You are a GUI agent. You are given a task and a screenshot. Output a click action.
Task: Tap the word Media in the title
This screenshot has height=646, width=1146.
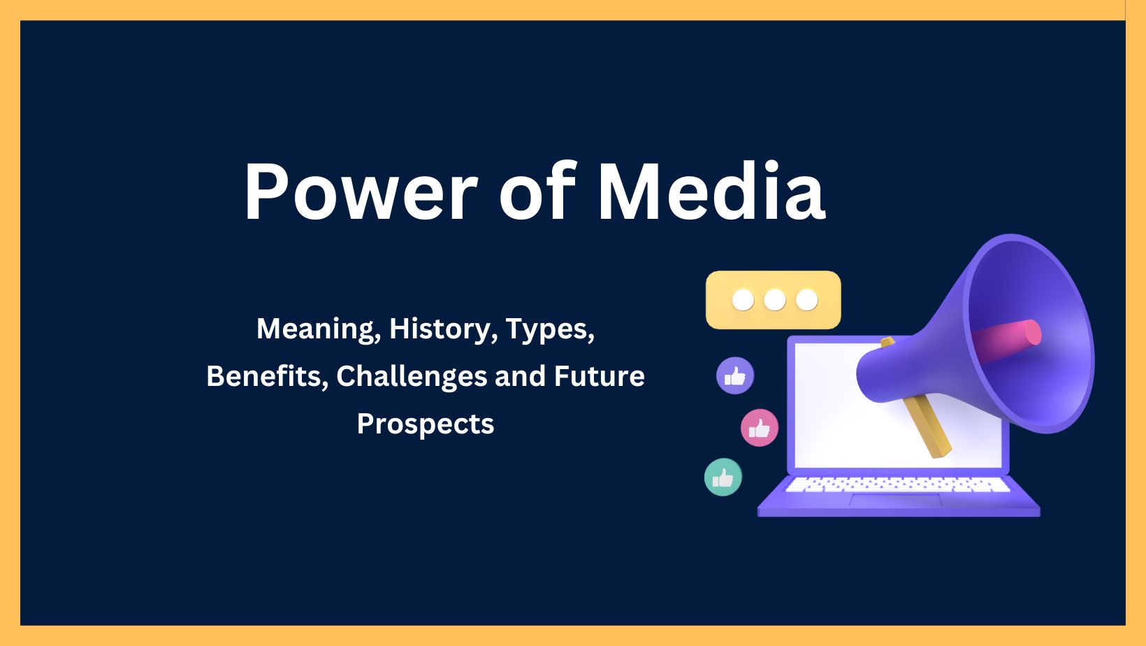711,192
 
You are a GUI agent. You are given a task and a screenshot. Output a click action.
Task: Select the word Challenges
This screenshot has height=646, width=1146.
411,376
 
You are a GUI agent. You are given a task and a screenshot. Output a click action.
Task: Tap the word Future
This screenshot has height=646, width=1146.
599,376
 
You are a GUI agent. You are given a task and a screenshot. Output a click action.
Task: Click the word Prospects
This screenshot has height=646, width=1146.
425,424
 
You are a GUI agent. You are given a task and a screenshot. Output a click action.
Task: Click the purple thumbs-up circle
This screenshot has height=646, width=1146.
735,376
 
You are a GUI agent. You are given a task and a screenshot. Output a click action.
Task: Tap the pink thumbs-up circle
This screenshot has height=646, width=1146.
759,428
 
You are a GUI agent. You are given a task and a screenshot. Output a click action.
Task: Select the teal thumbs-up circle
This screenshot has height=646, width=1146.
723,478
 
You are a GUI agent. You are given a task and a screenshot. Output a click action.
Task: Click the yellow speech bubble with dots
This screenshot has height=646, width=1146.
773,300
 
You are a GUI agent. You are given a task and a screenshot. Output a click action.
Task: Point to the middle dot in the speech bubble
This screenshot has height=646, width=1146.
774,300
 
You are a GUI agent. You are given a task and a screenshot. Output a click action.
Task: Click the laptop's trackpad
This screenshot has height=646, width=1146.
896,499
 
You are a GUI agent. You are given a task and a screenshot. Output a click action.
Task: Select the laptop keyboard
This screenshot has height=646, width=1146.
897,484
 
